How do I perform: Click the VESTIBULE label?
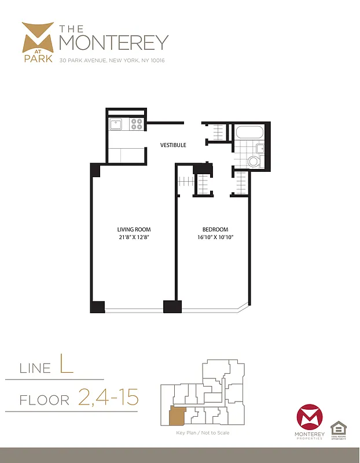(173, 145)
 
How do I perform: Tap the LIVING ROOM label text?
(134, 230)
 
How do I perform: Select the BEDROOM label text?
(215, 230)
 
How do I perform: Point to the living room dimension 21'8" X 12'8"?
(134, 237)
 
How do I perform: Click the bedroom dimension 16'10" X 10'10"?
(215, 237)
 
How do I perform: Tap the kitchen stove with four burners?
(137, 123)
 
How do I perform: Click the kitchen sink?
(116, 123)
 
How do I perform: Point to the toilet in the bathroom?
(252, 160)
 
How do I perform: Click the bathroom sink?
(260, 148)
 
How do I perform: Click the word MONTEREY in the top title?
(114, 42)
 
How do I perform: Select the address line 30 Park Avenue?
(112, 61)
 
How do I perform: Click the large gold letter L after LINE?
(67, 366)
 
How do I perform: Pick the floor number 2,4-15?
(108, 398)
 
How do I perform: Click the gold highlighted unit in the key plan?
(176, 416)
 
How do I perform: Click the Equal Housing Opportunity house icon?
(338, 429)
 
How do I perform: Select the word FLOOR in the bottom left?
(45, 400)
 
